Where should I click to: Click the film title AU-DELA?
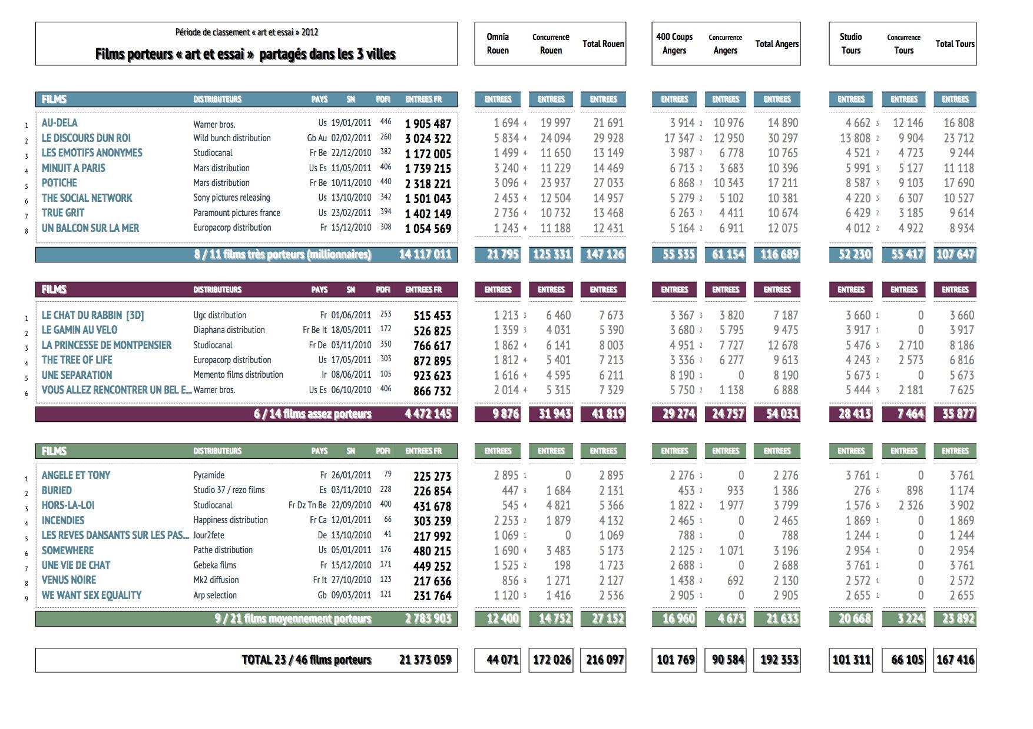pyautogui.click(x=59, y=123)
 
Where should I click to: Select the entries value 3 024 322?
pyautogui.click(x=428, y=139)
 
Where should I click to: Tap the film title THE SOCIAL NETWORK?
pyautogui.click(x=87, y=198)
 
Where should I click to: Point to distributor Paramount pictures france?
pyautogui.click(x=237, y=213)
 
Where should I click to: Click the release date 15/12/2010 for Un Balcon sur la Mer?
pyautogui.click(x=351, y=228)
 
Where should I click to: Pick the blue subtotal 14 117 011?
pyautogui.click(x=425, y=255)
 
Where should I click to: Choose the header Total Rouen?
pyautogui.click(x=603, y=44)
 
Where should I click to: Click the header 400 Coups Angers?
pyautogui.click(x=674, y=44)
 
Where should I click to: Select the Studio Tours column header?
pyautogui.click(x=851, y=44)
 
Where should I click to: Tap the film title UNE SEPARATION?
pyautogui.click(x=77, y=375)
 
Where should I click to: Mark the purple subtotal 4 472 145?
pyautogui.click(x=428, y=414)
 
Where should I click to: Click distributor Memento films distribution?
pyautogui.click(x=239, y=375)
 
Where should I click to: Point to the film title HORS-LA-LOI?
pyautogui.click(x=68, y=505)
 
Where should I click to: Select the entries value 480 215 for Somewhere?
pyautogui.click(x=432, y=551)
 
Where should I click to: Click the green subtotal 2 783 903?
pyautogui.click(x=428, y=619)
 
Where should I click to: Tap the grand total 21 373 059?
pyautogui.click(x=425, y=660)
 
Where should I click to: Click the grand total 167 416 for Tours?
pyautogui.click(x=955, y=660)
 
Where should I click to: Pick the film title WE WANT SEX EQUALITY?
pyautogui.click(x=91, y=595)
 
